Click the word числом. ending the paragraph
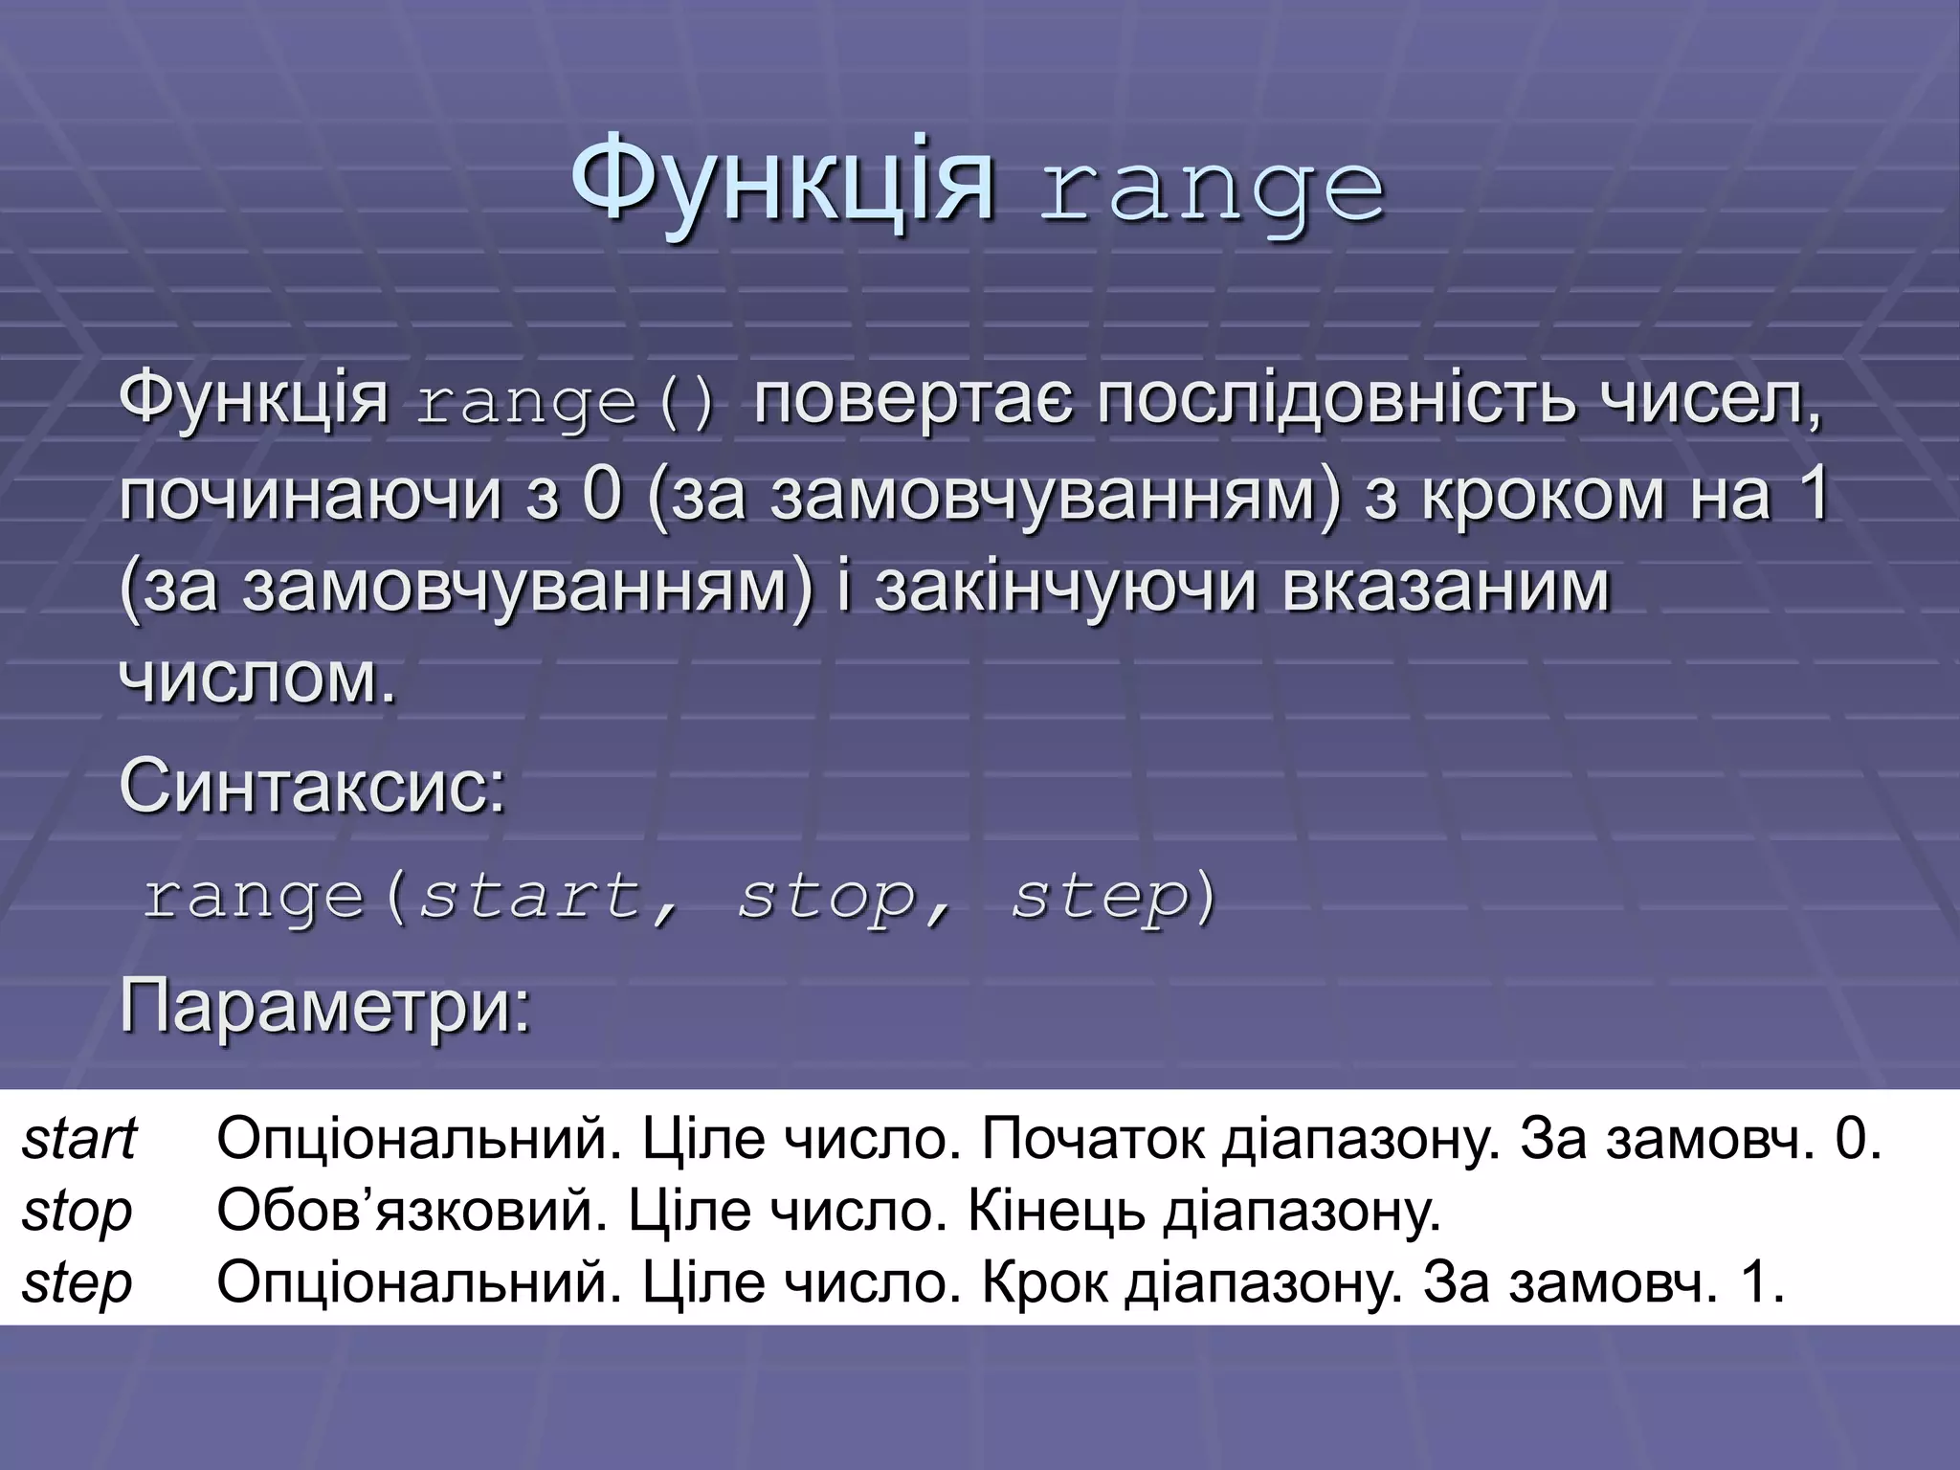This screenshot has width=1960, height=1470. [257, 679]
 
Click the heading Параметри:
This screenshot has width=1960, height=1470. [324, 1007]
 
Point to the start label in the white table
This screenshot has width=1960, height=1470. [79, 1139]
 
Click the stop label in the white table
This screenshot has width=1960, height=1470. [77, 1212]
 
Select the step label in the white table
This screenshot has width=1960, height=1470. [77, 1283]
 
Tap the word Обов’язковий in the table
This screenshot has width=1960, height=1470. [412, 1212]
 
